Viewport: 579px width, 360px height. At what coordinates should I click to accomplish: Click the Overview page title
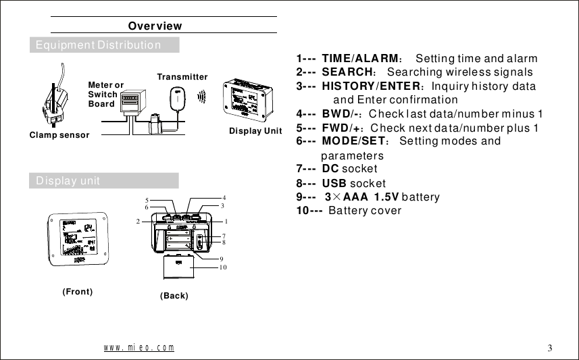coord(155,26)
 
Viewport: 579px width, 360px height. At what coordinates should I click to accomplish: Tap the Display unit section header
coord(68,181)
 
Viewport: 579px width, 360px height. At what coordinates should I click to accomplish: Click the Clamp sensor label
coord(59,135)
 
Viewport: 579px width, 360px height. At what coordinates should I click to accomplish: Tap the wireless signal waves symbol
coord(201,98)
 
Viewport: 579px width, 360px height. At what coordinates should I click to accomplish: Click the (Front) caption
coord(77,292)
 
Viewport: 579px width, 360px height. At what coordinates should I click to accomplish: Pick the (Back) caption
coord(174,297)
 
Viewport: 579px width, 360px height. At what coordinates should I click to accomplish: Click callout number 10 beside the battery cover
coord(222,268)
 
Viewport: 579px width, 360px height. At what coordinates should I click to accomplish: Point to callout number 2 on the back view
coord(137,222)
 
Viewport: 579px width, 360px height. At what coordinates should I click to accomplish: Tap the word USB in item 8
coord(334,183)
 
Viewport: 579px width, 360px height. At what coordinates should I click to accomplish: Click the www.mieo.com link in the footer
coord(139,348)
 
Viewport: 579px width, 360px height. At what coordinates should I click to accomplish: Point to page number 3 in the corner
coord(550,349)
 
